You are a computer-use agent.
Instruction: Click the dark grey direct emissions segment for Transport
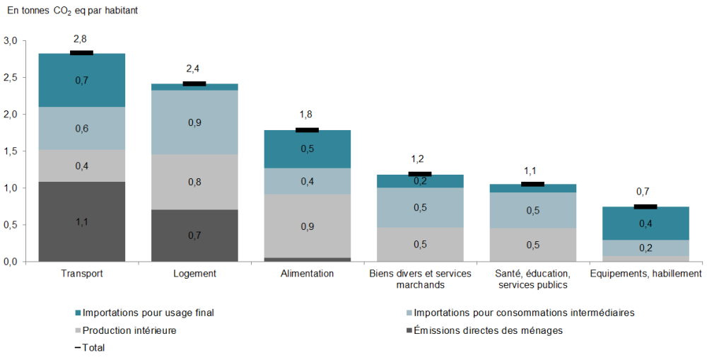(x=81, y=221)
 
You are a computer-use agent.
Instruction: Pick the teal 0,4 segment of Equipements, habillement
(x=645, y=223)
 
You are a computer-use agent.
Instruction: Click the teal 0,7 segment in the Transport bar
(x=81, y=80)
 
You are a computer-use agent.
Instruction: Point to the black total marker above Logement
(x=194, y=83)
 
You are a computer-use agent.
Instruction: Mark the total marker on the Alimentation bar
(x=307, y=130)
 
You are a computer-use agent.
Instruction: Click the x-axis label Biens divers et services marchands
(x=420, y=279)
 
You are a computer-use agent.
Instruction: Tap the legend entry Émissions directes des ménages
(x=489, y=330)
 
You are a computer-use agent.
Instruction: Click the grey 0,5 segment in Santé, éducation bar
(x=532, y=245)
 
